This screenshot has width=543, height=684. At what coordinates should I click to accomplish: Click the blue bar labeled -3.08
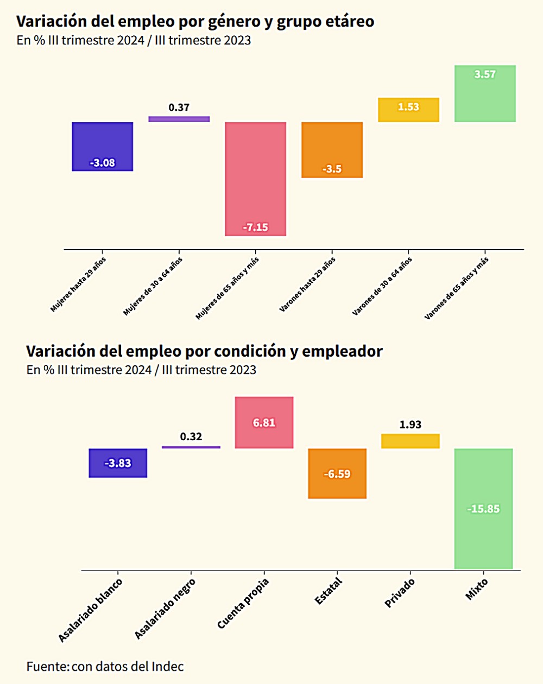103,147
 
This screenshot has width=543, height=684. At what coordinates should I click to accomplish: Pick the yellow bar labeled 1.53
408,110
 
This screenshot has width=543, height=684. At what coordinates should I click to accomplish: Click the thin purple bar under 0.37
179,119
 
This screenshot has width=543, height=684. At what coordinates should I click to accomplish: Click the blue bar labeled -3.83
118,463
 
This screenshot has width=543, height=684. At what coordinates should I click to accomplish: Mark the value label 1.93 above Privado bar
411,425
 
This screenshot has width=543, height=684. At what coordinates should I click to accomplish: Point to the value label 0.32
191,436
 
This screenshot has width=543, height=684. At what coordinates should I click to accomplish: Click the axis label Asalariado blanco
91,610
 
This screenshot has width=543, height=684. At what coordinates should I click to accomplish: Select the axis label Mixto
477,589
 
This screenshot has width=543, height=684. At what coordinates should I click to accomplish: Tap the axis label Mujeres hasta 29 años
78,284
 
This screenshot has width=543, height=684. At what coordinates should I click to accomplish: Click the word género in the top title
241,22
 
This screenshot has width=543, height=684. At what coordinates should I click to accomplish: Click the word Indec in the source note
167,666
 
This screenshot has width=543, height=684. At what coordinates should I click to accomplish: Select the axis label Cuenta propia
243,604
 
